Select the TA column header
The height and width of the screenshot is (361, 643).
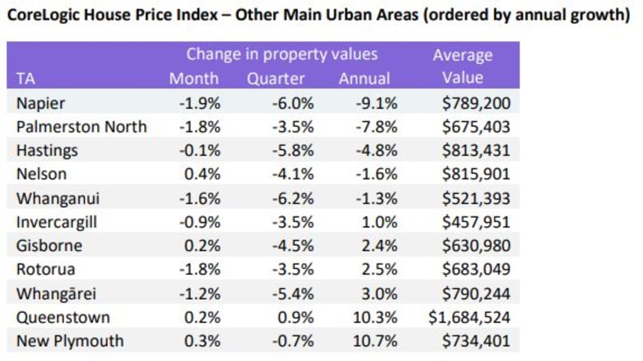click(25, 78)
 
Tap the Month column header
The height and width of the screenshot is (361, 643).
click(194, 78)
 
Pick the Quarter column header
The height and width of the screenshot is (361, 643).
click(276, 78)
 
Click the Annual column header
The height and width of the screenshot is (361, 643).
click(364, 78)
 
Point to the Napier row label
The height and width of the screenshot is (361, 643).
click(40, 103)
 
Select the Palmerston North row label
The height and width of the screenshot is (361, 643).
click(81, 127)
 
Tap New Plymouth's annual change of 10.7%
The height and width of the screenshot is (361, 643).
click(376, 341)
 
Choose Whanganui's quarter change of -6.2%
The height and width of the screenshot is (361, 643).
click(292, 198)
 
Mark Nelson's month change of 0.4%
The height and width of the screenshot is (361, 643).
click(202, 174)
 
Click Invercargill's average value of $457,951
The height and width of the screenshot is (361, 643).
click(476, 222)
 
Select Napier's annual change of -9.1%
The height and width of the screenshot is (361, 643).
click(376, 103)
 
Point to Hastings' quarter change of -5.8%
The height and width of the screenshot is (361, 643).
click(292, 151)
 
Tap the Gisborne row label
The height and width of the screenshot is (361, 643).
click(49, 246)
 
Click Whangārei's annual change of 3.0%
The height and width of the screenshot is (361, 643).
click(380, 294)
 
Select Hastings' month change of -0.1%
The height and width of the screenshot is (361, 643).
click(200, 151)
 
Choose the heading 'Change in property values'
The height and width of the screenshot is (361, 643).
click(282, 54)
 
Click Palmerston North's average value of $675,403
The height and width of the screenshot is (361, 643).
click(476, 127)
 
